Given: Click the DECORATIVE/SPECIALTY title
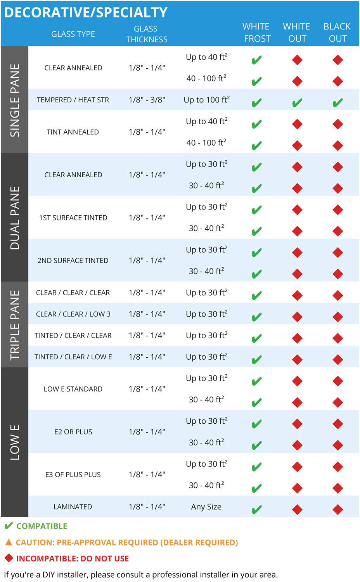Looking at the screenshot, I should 86,12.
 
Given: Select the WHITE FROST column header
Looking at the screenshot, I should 256,33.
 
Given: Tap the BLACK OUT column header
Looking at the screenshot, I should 337,33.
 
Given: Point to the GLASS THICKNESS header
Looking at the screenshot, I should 146,34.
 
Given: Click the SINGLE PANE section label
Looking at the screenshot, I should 15,100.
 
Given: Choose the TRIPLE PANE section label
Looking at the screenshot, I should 15,325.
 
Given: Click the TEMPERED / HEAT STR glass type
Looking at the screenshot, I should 73,100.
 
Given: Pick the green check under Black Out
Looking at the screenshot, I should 337,103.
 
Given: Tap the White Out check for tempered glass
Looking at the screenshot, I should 297,103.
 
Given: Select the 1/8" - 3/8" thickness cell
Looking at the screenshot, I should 147,100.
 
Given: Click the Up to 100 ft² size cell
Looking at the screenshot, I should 206,100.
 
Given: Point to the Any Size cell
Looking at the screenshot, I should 206,507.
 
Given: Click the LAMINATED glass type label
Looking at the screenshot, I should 73,507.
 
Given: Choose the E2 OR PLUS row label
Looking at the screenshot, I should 73,432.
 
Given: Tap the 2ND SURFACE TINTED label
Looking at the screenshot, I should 73,261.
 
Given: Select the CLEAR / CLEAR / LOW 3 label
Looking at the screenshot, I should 73,314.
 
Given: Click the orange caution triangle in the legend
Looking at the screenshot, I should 9,542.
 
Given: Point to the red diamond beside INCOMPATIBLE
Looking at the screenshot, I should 9,558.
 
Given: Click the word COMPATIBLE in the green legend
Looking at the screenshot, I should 42,526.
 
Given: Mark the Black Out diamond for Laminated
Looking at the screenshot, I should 337,509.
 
